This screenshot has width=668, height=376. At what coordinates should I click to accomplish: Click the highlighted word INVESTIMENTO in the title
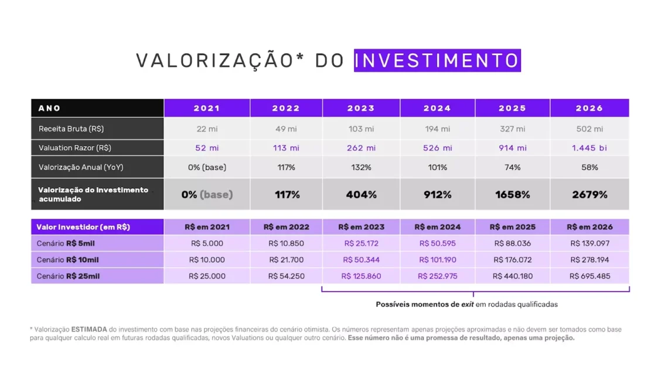(437, 60)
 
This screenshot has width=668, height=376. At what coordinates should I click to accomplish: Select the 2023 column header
(361, 108)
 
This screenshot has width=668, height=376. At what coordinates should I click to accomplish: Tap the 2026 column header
(589, 108)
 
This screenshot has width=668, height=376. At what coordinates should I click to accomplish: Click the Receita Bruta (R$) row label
(71, 128)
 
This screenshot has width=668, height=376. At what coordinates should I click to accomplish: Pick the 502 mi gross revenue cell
(589, 128)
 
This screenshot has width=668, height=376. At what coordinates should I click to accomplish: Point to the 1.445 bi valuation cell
(589, 148)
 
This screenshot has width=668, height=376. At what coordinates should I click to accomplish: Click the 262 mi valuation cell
(361, 148)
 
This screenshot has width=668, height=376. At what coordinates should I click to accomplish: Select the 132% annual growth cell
(361, 167)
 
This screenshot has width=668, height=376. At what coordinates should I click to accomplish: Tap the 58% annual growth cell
(589, 167)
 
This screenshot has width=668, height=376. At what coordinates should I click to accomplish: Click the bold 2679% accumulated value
(589, 195)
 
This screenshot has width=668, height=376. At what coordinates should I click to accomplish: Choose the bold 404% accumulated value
(361, 195)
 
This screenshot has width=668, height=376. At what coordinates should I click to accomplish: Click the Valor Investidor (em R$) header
(83, 227)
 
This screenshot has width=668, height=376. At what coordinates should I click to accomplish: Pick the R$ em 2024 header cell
(437, 227)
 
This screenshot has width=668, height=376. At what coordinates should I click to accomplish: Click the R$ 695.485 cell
(589, 276)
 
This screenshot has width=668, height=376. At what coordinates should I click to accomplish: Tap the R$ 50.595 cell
(437, 243)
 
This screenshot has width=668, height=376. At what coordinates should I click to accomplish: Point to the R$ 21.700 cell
(286, 260)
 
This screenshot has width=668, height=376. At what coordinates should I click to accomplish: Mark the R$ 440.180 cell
(513, 276)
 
